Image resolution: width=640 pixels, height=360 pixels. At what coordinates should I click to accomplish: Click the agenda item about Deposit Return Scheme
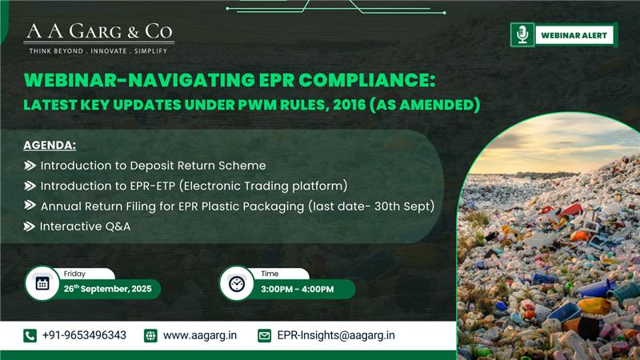coord(152,166)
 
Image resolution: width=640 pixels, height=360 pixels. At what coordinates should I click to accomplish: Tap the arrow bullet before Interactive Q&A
coord(30,226)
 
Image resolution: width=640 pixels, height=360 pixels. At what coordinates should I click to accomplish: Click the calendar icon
coord(42,283)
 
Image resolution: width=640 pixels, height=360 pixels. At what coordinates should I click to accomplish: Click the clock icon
coord(236,283)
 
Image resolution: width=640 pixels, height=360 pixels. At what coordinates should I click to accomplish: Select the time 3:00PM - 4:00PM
coord(297,289)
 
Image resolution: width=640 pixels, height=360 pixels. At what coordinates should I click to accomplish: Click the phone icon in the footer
coord(30,335)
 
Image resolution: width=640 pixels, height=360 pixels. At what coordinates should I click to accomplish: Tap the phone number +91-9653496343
coord(84,335)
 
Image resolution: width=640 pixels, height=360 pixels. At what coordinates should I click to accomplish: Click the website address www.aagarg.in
coord(200,335)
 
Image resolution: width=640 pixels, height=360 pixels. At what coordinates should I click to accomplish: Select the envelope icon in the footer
coord(264,335)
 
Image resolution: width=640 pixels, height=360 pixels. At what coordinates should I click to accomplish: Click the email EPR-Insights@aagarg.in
coord(336,335)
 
